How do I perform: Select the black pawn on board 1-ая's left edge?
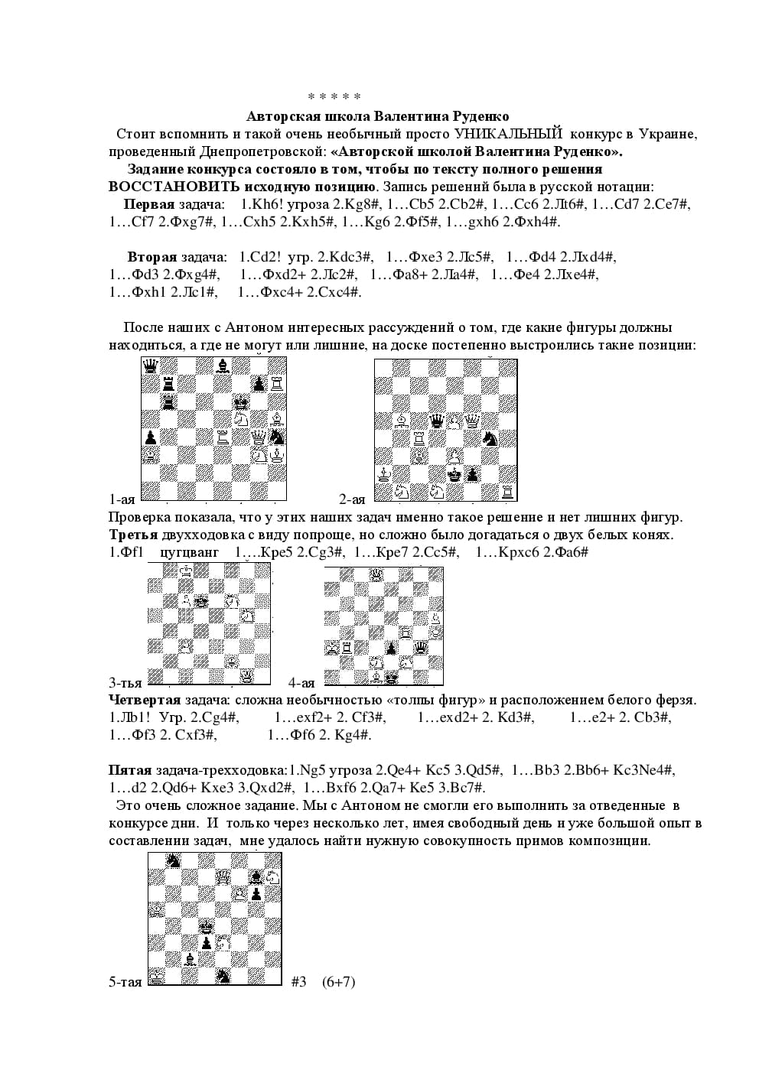click(151, 437)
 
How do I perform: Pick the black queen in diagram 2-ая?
click(437, 420)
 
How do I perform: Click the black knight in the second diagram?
click(490, 438)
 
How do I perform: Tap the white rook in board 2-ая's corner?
click(508, 491)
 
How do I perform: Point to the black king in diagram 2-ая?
click(454, 474)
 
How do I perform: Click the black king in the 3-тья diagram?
click(201, 602)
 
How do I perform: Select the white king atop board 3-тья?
click(185, 571)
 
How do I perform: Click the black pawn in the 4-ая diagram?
click(391, 649)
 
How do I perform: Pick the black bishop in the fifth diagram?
click(189, 960)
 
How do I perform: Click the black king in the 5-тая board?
click(206, 927)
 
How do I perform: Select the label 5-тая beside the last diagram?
click(125, 982)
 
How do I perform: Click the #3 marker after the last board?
click(298, 981)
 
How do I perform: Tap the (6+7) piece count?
click(338, 981)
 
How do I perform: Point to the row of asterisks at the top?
click(334, 97)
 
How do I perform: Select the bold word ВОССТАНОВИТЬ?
click(165, 187)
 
